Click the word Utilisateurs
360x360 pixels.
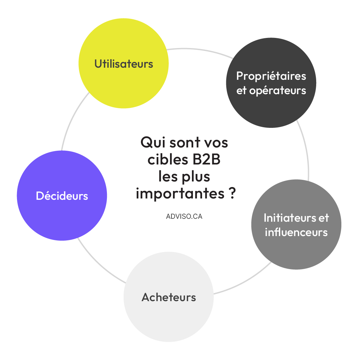point(124,64)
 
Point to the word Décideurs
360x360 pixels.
point(62,196)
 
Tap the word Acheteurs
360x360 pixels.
point(169,297)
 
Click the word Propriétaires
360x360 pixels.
point(271,76)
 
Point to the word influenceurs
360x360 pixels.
point(296,232)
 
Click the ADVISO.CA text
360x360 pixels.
point(184,216)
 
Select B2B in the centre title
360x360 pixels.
point(206,160)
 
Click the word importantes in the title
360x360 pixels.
point(180,194)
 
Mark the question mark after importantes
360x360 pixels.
point(232,193)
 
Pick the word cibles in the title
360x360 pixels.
point(167,160)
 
